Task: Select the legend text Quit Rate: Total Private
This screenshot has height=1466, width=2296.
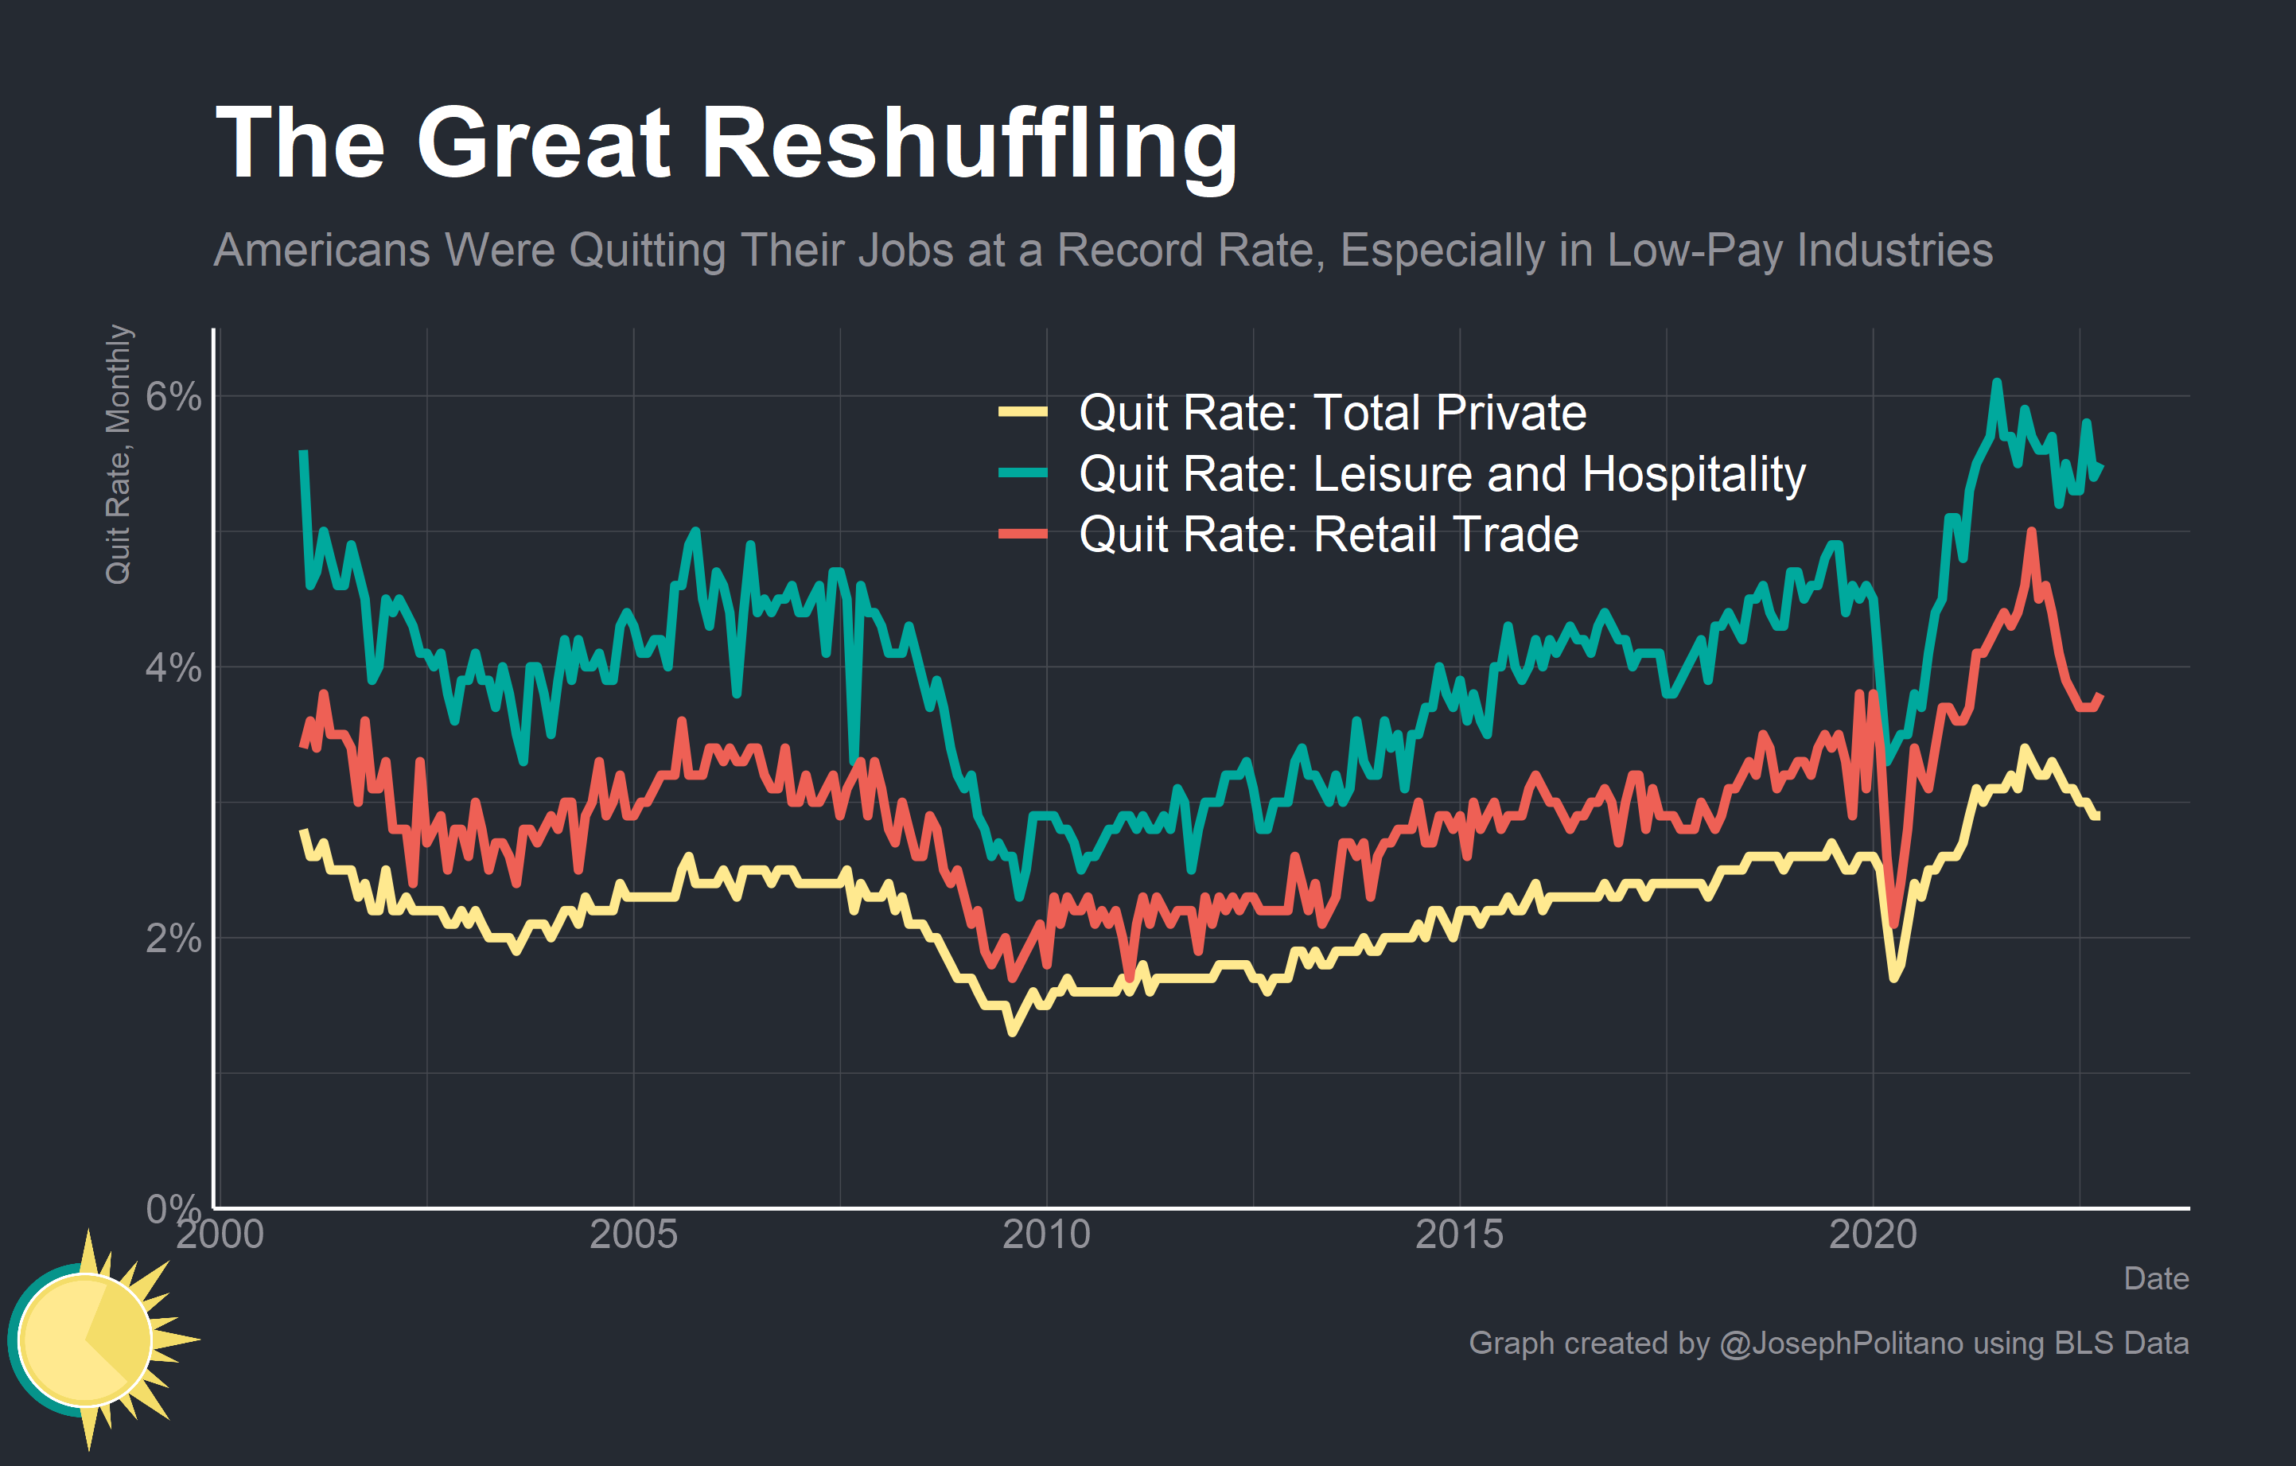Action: (1332, 413)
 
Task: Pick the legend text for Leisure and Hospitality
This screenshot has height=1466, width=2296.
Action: (1442, 474)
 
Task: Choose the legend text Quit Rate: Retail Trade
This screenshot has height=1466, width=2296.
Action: (1329, 534)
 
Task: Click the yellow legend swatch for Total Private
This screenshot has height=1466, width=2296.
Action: (1022, 413)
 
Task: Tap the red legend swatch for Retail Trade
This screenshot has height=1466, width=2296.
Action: (1022, 534)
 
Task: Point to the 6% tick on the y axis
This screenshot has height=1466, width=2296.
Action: (173, 396)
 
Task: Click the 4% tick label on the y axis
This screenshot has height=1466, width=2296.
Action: (173, 667)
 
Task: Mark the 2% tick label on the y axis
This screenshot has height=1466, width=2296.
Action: (173, 939)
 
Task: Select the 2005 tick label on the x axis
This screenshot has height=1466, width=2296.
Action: (633, 1235)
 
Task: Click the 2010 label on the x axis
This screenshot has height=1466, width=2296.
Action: (1046, 1235)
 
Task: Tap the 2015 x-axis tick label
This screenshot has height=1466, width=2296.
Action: (1459, 1235)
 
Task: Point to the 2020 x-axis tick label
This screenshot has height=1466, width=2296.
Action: (1873, 1235)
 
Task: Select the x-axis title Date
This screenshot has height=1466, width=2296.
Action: (2156, 1278)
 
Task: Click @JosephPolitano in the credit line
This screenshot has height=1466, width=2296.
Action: (1840, 1343)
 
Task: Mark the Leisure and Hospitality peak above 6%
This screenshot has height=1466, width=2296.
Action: (1995, 383)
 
